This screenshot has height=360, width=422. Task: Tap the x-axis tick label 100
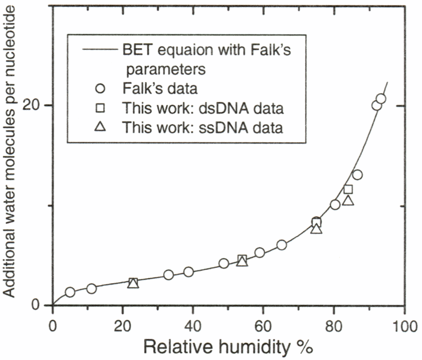pos(404,325)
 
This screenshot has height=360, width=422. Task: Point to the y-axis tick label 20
pos(39,105)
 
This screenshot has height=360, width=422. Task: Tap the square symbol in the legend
pos(101,108)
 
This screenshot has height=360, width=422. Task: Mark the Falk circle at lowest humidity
pos(70,292)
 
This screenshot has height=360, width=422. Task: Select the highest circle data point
pos(381,99)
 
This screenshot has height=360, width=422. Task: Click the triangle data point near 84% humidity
pos(348,201)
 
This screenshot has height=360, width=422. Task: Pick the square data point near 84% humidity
pos(348,189)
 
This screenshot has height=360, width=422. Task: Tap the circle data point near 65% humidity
pos(282,245)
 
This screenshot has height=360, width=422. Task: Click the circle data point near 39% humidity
pos(189,272)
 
